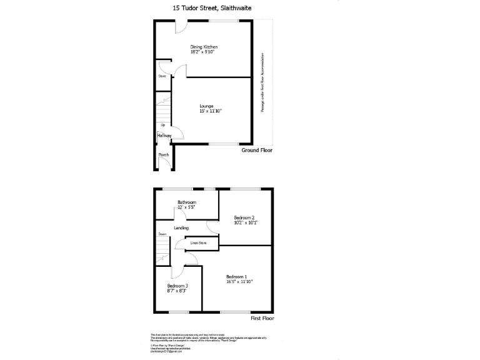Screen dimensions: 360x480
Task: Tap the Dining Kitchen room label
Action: coord(204,47)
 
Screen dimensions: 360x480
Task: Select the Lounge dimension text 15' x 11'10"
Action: coord(211,111)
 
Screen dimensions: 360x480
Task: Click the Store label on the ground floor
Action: coord(161,76)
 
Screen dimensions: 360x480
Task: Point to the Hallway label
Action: coord(164,135)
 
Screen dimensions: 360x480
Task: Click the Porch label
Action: coord(164,154)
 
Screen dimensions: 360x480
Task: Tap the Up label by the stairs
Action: coord(162,125)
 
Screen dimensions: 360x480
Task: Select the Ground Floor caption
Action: coord(257,150)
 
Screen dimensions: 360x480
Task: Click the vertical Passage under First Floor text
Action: coord(262,82)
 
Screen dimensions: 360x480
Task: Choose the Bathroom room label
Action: coord(187,202)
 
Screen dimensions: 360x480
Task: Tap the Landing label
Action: coord(181,228)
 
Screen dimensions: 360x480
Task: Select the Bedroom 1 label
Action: coord(237,276)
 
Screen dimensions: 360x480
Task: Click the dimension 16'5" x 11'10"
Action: coord(239,282)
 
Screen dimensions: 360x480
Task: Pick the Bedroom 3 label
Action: coord(177,286)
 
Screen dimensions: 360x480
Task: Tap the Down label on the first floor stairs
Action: coord(162,234)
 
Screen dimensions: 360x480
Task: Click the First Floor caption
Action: coord(262,318)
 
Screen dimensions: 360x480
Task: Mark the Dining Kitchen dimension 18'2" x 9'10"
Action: coord(204,52)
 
